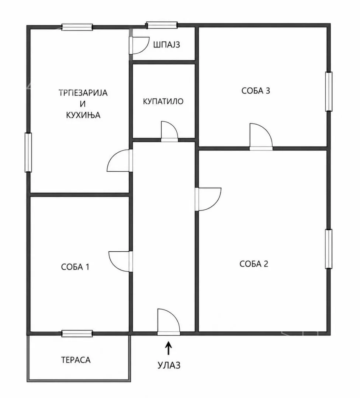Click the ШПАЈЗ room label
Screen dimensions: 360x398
point(167,45)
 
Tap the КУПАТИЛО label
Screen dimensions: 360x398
point(163,101)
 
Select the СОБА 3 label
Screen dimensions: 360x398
point(256,91)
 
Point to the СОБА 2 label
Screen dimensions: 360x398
point(254,264)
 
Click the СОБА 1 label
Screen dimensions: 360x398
point(75,267)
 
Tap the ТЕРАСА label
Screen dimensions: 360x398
point(76,360)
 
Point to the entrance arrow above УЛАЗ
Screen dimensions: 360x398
point(168,348)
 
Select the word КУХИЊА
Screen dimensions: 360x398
point(83,115)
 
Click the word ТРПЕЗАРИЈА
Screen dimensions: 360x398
point(83,92)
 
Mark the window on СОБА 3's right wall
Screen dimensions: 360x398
point(329,92)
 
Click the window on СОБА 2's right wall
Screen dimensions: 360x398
point(329,249)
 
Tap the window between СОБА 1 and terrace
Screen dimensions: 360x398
point(77,334)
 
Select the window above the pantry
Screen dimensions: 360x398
point(162,25)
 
